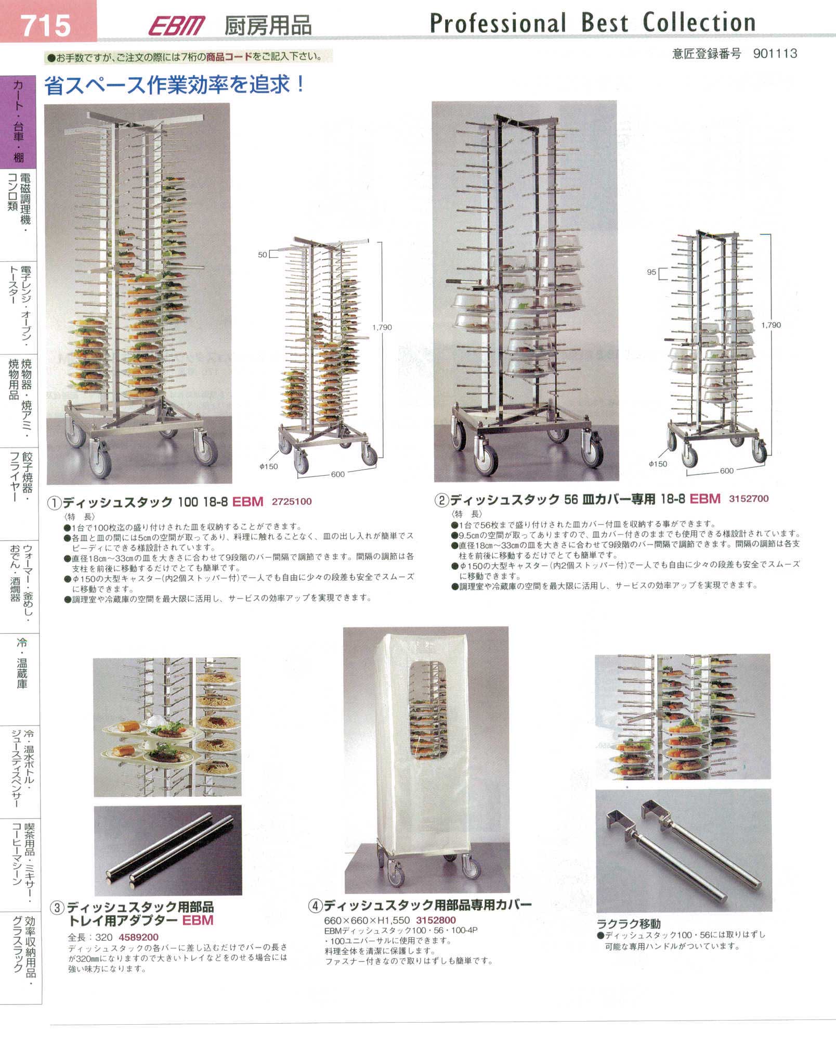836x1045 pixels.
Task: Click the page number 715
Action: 46,26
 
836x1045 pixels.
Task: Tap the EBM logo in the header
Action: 177,26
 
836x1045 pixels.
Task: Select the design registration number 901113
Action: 775,53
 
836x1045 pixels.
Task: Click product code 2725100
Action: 292,502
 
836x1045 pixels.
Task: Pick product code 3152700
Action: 749,499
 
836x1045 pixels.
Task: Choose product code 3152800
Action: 436,920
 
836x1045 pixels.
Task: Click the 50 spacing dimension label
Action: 263,254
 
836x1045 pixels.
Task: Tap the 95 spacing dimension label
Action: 651,272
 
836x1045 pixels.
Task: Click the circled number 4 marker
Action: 315,906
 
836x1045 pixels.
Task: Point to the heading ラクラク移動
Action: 629,924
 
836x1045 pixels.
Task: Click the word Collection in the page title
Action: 699,22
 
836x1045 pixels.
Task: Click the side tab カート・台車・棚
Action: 19,121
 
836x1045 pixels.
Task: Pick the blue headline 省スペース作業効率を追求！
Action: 175,85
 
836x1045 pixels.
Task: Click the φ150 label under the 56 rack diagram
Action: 658,464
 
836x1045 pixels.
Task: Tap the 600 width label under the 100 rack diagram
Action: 337,474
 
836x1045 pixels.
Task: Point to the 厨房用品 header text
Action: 268,26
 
